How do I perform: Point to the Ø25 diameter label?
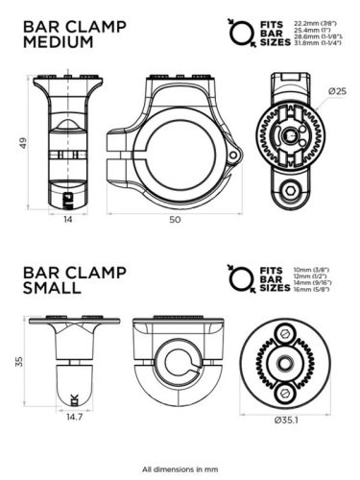coord(336,91)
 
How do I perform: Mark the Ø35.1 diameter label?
coord(289,420)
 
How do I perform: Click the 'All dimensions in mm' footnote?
coord(180,468)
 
